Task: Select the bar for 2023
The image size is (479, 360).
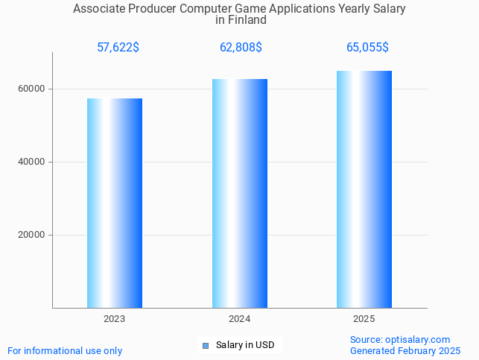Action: point(115,203)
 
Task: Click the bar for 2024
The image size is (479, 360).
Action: point(240,193)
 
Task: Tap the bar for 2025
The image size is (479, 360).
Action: point(364,189)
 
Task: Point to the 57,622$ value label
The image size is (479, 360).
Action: point(118,48)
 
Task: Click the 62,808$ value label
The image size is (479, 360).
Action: point(241,48)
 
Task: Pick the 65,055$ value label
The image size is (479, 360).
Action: point(367,48)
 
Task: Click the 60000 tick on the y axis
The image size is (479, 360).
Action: point(31,89)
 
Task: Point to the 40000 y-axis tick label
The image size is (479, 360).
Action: point(31,162)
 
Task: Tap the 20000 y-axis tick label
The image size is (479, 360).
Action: point(31,235)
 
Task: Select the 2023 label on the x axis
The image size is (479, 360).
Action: point(115,319)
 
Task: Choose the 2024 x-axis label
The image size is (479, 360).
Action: point(239,319)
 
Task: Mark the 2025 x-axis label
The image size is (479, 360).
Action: point(364,319)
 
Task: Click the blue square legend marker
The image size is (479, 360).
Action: point(206,345)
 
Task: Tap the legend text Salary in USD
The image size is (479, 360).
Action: point(245,345)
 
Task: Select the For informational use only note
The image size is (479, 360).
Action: point(65,350)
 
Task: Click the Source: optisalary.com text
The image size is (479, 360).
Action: point(400,339)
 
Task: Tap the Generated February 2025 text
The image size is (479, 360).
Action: point(405,350)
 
